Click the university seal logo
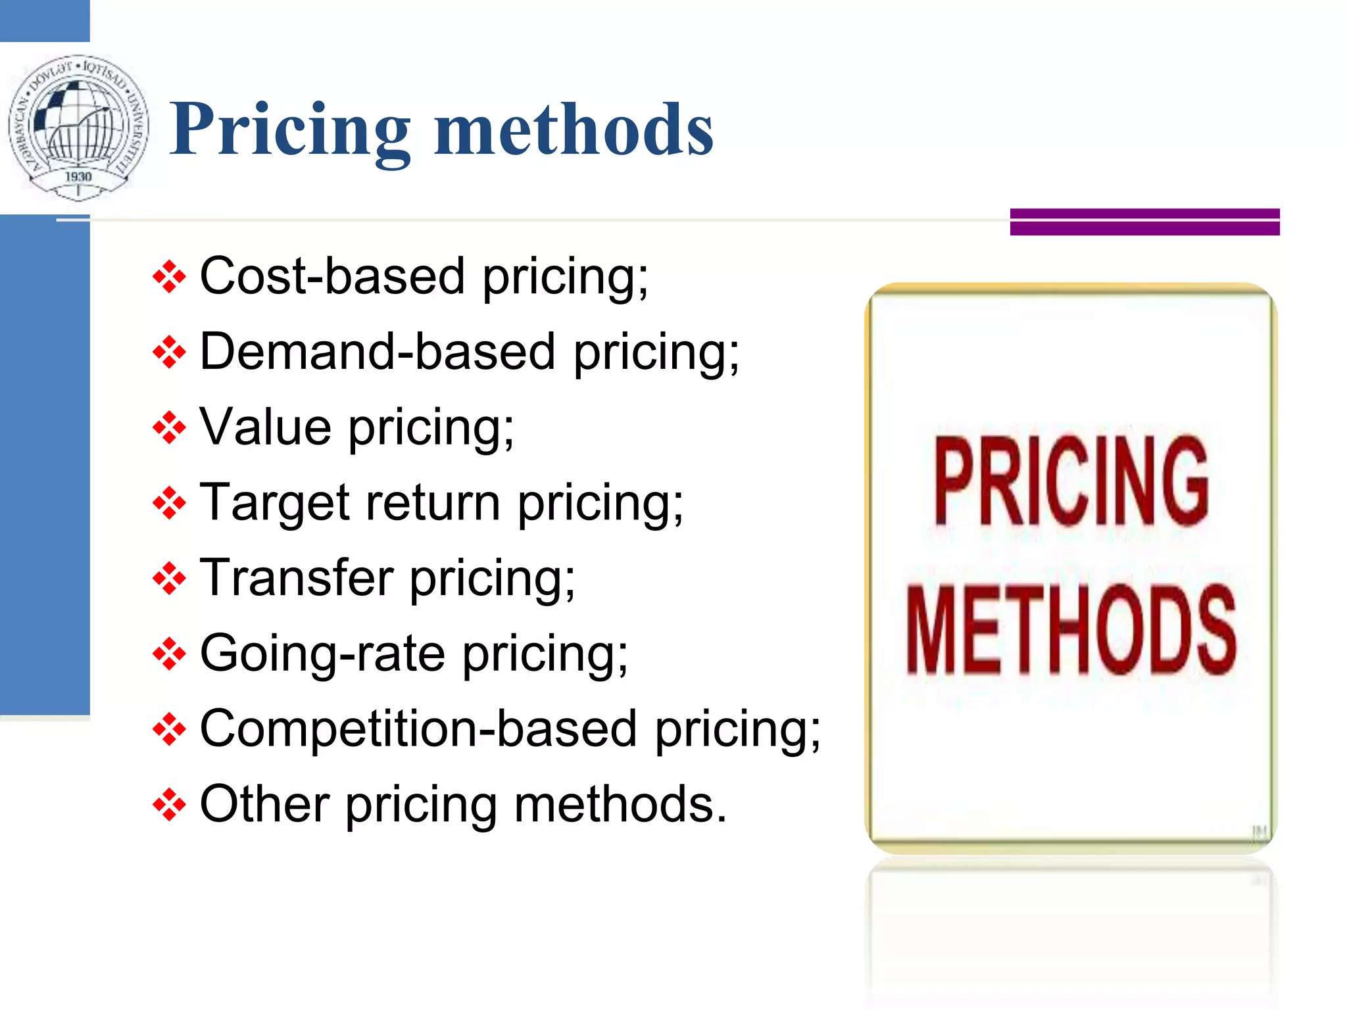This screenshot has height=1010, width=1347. [78, 128]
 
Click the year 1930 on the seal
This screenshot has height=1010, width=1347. [78, 176]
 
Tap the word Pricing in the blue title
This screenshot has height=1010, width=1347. [290, 130]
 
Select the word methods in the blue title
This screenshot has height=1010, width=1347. [573, 130]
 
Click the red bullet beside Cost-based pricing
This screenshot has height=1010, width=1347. [169, 277]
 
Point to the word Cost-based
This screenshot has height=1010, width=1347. [332, 276]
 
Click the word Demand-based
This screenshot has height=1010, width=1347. [378, 352]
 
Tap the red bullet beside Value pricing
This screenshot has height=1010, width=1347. [169, 428]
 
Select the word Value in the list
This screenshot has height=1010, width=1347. [265, 427]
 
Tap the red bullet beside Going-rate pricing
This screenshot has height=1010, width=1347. [169, 654]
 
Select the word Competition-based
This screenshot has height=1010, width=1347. [418, 729]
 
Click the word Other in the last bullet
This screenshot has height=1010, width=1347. [264, 804]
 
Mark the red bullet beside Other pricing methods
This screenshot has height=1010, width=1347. [169, 805]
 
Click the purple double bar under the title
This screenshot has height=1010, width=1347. [1144, 222]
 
